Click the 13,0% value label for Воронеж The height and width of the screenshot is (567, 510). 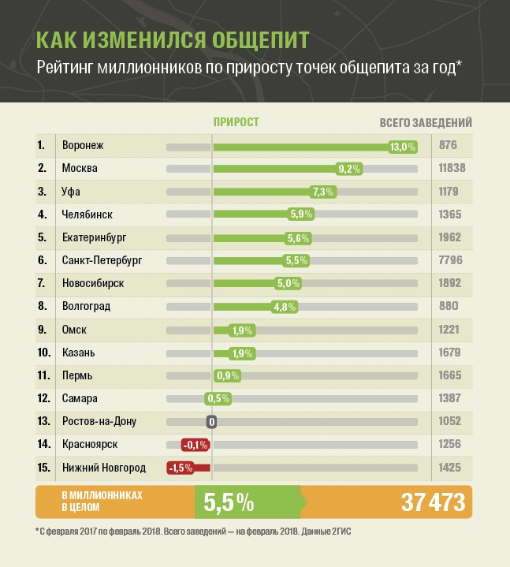tap(403, 146)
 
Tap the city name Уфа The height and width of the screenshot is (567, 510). tap(70, 192)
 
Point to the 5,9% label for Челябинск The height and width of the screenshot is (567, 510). tap(302, 214)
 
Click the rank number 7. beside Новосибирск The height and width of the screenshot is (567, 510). tap(41, 283)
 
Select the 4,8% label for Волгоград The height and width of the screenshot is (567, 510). tap(285, 306)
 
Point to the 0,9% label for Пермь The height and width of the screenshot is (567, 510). tap(227, 375)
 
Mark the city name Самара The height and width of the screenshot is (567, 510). tap(79, 398)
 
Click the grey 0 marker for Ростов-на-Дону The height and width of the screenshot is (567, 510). tap(211, 421)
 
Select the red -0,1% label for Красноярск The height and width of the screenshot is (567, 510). tap(195, 445)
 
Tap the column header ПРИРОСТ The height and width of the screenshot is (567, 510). tap(236, 122)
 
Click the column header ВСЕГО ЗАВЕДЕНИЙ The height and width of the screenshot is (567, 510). tap(426, 122)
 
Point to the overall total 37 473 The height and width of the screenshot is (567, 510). tap(423, 502)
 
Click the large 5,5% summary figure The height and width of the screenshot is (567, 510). tap(229, 502)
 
